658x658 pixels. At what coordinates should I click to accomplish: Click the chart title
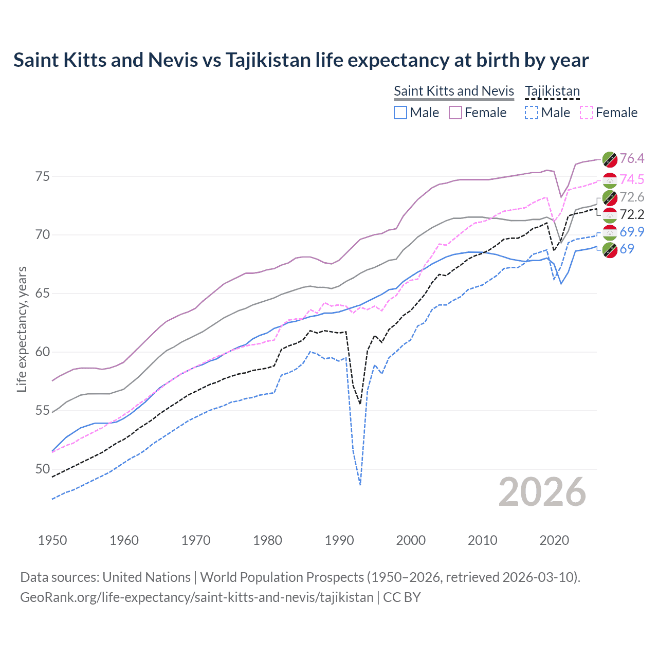tap(301, 60)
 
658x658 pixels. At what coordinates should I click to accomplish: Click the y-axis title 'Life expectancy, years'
tap(22, 329)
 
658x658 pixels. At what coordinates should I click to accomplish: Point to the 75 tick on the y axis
tap(43, 176)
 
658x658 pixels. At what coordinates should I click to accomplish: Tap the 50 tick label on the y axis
tap(43, 469)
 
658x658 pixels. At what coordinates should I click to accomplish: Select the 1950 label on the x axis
tap(52, 540)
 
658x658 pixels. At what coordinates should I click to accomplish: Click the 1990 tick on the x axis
tap(339, 540)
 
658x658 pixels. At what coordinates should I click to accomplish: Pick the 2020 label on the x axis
tap(554, 540)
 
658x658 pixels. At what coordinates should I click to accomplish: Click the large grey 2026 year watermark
tap(542, 492)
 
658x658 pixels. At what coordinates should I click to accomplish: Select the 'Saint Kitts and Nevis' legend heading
tap(454, 91)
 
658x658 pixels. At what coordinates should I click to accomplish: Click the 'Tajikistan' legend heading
tap(552, 91)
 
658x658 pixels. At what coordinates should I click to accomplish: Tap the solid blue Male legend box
tap(400, 113)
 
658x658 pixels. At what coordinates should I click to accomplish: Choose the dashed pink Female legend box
tap(587, 113)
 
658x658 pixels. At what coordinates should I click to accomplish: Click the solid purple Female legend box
tap(455, 113)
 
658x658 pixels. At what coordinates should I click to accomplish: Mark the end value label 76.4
tap(632, 159)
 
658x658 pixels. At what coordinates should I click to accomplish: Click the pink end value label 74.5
tap(632, 179)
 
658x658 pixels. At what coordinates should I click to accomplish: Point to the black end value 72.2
tap(632, 214)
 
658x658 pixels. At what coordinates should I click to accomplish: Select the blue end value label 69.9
tap(632, 232)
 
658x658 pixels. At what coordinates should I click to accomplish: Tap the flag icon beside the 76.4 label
tap(610, 159)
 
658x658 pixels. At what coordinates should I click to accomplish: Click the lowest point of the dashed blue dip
tap(360, 484)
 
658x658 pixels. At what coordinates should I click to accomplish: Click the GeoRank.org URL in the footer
tap(197, 597)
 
